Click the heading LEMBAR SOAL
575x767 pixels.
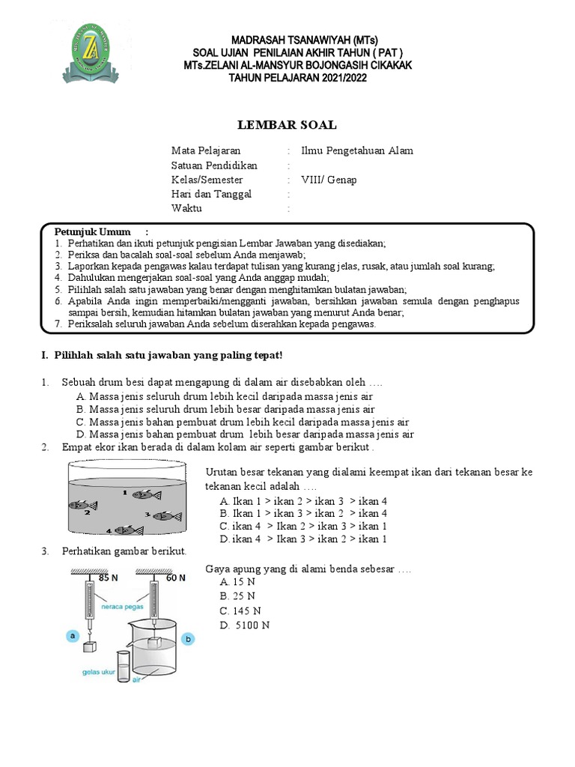click(x=287, y=125)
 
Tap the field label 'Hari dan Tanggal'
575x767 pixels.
click(x=212, y=194)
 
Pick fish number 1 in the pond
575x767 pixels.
click(x=147, y=494)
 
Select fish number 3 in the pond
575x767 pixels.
click(x=166, y=515)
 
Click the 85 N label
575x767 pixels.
click(x=109, y=577)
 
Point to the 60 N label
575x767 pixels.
click(x=176, y=577)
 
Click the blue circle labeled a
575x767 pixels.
click(x=73, y=636)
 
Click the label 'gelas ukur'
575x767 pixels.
click(x=100, y=672)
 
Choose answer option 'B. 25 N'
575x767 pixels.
click(x=237, y=596)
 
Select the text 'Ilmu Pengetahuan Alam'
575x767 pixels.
click(x=356, y=151)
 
